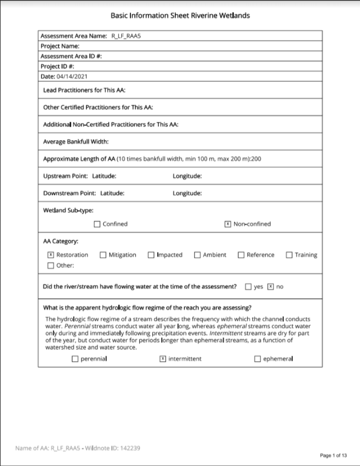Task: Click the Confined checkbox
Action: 97,224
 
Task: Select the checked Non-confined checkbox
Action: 228,224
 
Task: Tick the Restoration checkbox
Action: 51,255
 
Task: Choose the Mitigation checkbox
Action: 103,255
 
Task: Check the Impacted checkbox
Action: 151,255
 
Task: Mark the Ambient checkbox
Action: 197,255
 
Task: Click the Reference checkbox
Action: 241,255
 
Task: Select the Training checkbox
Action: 289,255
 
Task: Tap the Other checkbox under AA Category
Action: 51,265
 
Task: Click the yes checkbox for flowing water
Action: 248,287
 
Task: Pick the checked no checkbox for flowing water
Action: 271,287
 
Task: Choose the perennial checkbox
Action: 75,359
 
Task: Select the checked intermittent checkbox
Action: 163,359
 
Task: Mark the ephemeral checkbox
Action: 258,359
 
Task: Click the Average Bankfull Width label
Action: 72,141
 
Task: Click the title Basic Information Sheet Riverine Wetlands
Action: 180,15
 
